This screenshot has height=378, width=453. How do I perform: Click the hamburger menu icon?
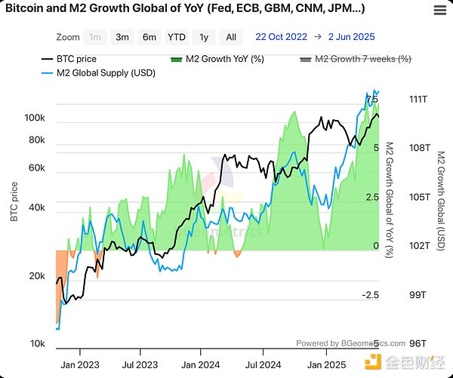tap(439, 10)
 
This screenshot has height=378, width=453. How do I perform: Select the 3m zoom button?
tap(122, 37)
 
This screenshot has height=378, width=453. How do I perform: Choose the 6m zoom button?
tap(149, 37)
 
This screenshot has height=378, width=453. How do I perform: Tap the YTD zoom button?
tap(177, 37)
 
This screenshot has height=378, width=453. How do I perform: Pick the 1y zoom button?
tap(204, 37)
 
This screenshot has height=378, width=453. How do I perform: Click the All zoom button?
tap(231, 37)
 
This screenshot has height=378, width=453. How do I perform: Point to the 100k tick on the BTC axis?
tap(35, 118)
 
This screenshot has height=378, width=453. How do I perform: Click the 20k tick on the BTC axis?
tap(38, 277)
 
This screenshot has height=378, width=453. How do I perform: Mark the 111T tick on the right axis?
tap(418, 100)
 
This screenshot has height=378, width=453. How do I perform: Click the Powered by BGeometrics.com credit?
tap(350, 342)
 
